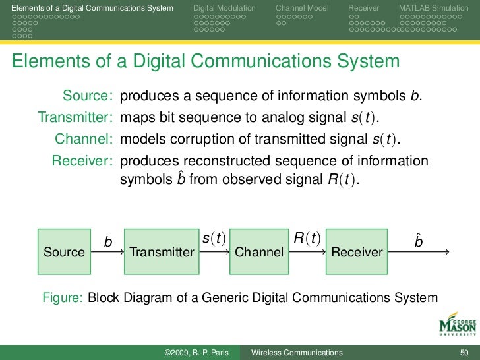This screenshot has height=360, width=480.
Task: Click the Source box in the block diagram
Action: [64, 252]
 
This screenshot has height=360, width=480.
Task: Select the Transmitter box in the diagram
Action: [162, 252]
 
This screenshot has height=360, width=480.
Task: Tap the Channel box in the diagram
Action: [259, 252]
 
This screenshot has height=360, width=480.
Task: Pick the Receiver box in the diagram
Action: [357, 252]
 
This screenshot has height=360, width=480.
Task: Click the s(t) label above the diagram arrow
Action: [214, 237]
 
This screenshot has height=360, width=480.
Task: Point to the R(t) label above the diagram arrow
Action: [307, 237]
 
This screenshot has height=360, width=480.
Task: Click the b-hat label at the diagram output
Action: [419, 241]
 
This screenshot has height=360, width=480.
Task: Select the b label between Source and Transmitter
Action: [108, 243]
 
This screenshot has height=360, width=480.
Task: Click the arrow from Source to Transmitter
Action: [107, 252]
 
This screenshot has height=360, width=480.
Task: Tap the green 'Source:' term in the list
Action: [88, 96]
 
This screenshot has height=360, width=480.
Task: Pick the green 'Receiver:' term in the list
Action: [82, 161]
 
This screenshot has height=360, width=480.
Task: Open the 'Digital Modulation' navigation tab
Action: [225, 7]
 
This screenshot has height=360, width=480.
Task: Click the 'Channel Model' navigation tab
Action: [303, 7]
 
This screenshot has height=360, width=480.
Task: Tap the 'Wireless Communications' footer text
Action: [297, 353]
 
